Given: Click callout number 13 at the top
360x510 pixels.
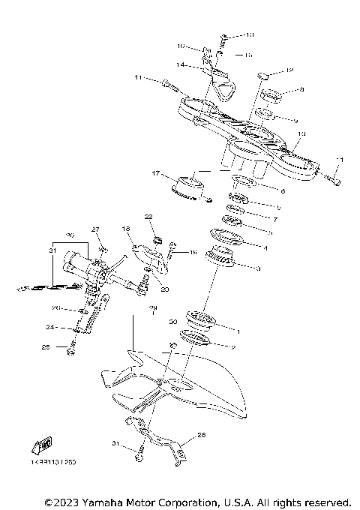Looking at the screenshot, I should coord(250,34).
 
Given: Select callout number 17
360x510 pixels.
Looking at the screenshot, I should coord(156,174).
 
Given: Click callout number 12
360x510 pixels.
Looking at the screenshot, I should coord(289,71).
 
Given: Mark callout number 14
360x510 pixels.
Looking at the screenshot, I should coord(180,65).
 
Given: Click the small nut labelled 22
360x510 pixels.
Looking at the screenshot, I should coord(157,239).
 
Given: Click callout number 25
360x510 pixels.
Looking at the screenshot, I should coord(45,346).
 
